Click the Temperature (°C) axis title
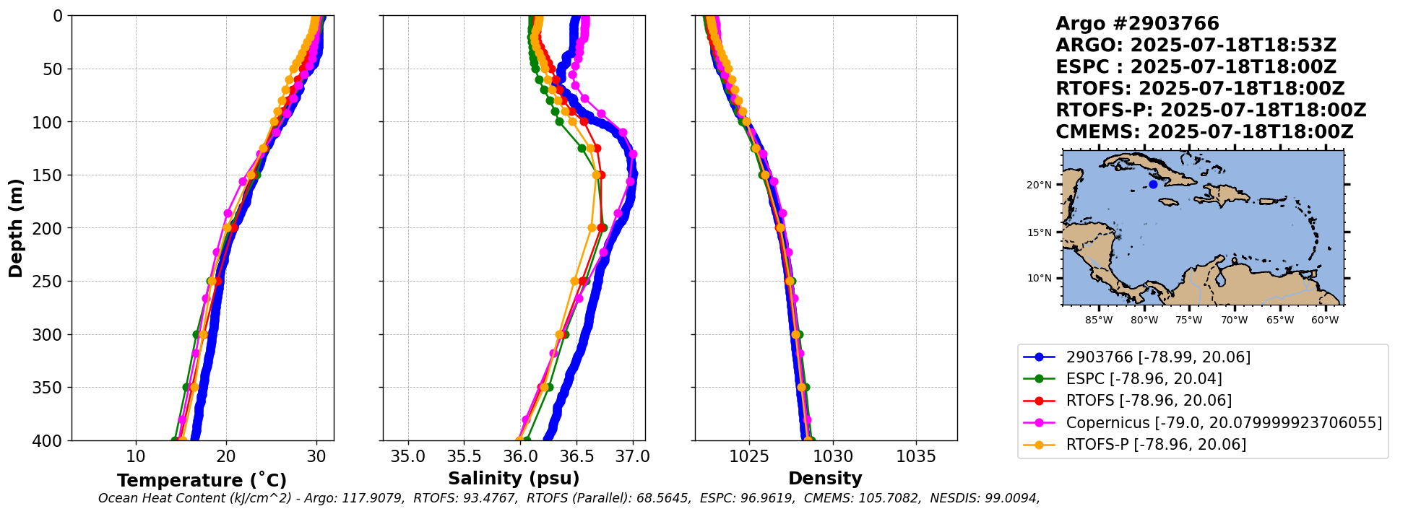[x=202, y=481]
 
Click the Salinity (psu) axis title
[x=514, y=479]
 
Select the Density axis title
[x=825, y=479]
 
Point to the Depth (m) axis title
[x=16, y=228]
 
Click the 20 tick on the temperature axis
[x=226, y=456]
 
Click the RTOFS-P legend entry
[x=1156, y=444]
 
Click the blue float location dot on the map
[x=1153, y=185]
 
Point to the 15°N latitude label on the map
[x=1039, y=232]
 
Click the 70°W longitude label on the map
[x=1234, y=320]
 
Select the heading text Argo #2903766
[x=1137, y=24]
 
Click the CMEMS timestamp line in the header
[x=1204, y=132]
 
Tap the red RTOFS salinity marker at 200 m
[x=602, y=228]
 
